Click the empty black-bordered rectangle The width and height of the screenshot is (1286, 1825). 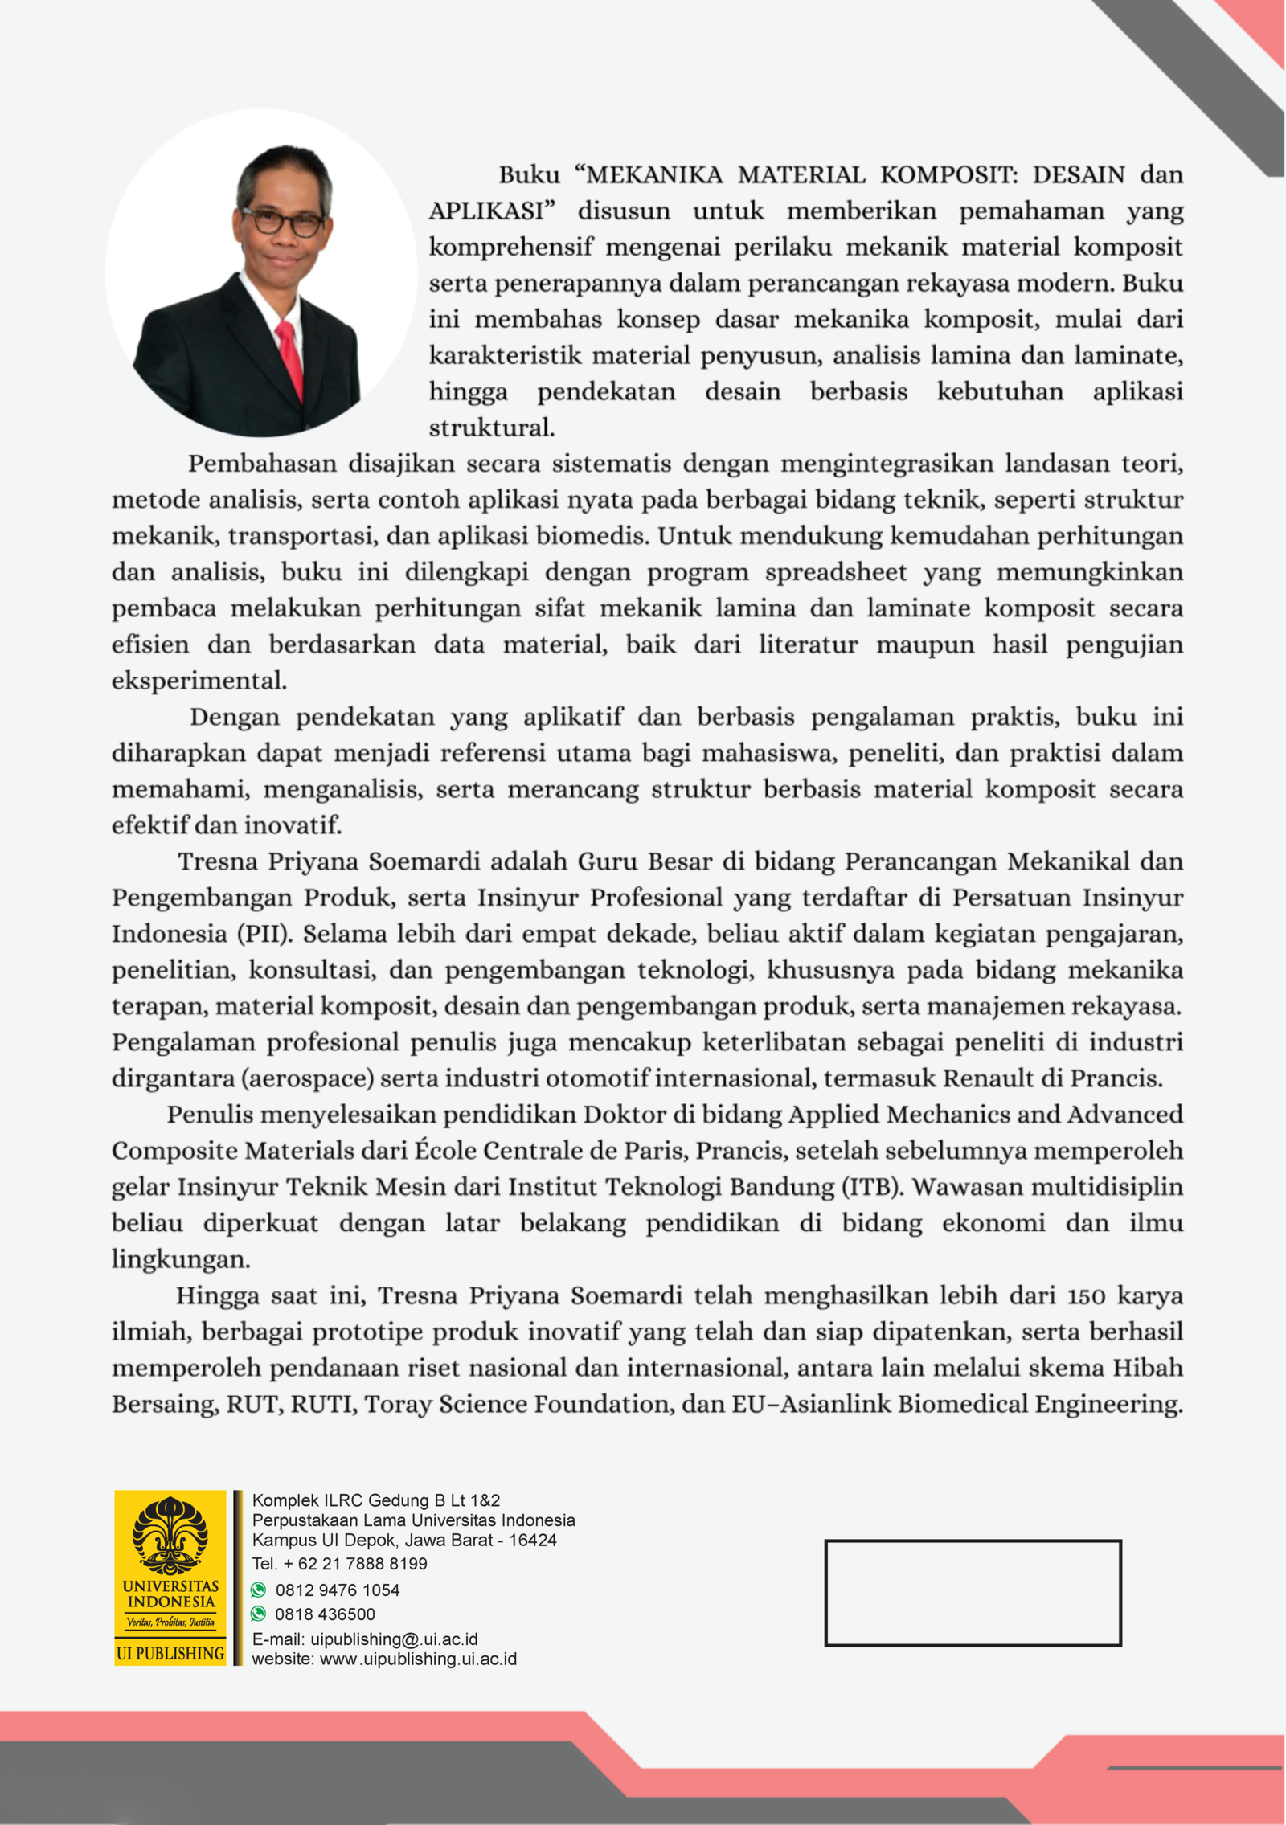click(x=973, y=1592)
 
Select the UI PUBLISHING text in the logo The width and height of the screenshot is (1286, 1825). click(x=170, y=1653)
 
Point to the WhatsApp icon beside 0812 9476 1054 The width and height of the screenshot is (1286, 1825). click(x=259, y=1590)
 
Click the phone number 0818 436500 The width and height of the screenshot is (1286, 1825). click(x=325, y=1614)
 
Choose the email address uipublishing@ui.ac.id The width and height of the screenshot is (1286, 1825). click(x=394, y=1639)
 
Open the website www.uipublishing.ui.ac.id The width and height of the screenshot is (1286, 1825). click(x=418, y=1659)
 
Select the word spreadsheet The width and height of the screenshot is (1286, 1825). click(x=835, y=572)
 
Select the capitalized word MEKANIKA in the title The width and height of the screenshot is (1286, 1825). click(x=655, y=175)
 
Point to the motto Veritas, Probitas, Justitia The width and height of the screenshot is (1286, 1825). click(x=170, y=1622)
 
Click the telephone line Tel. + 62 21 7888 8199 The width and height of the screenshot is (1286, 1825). click(x=339, y=1564)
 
